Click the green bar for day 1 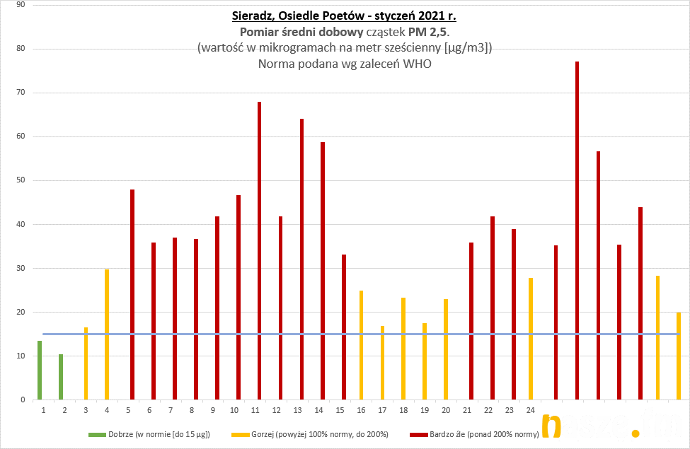tap(40, 370)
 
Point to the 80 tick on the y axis tap(21, 49)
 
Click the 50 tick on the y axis tap(21, 180)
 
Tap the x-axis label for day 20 tap(446, 409)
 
